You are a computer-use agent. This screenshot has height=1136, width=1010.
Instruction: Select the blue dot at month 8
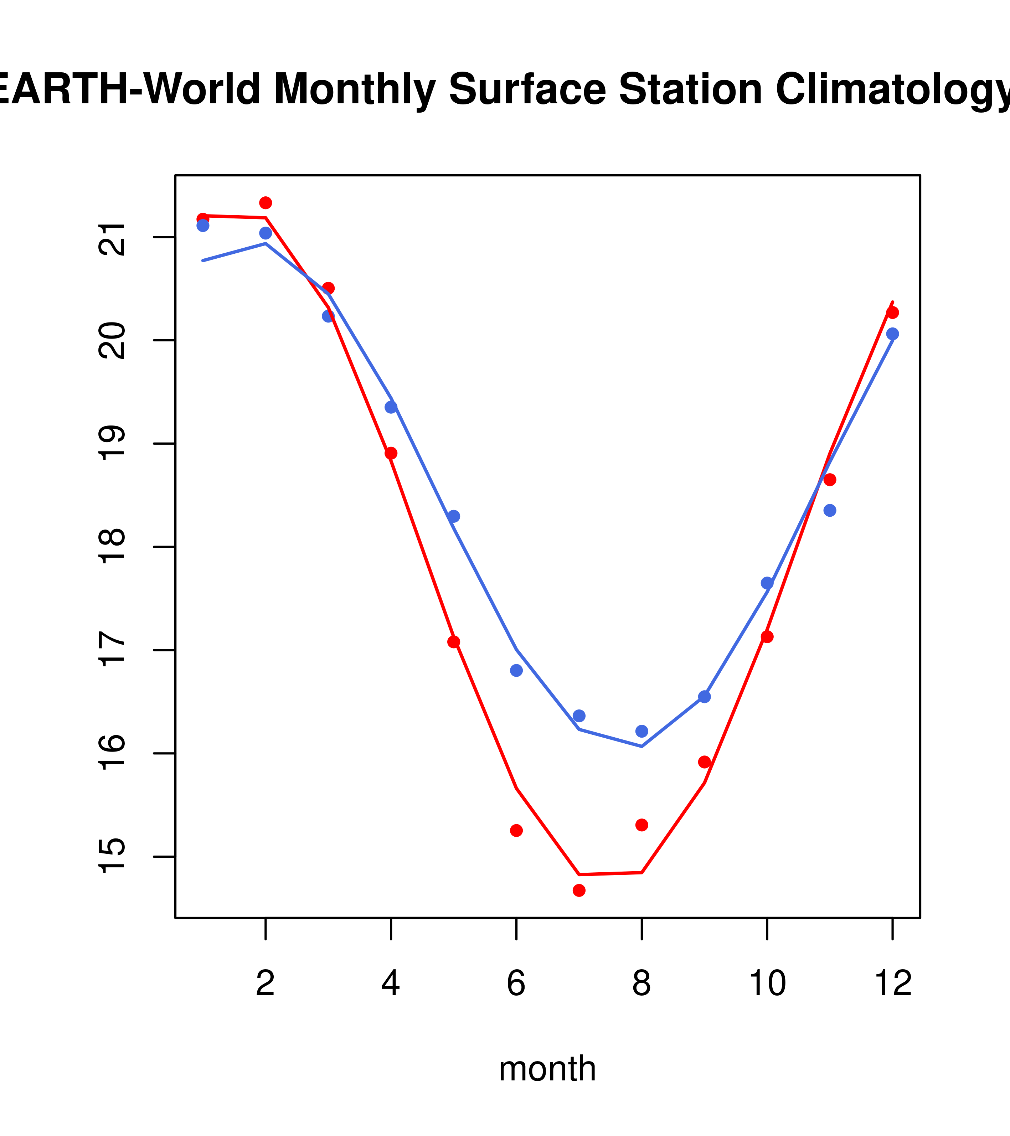coord(641,731)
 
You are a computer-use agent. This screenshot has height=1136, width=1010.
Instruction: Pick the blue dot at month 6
coord(516,670)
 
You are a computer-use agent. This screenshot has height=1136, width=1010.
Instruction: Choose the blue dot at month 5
coord(454,516)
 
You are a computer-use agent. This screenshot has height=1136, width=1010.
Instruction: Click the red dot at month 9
coord(704,762)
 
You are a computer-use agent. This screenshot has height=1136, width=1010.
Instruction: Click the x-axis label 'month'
coord(547,1068)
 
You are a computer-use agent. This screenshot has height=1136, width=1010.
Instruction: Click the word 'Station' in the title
coord(690,89)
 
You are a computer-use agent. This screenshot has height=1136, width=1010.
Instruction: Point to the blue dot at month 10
coord(767,583)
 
